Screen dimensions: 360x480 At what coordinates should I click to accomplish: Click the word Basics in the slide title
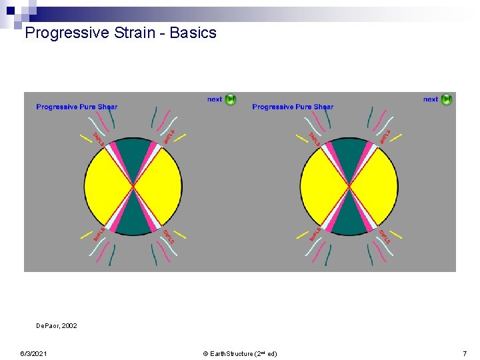[193, 33]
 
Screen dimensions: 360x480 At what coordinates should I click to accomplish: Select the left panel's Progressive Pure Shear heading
[77, 107]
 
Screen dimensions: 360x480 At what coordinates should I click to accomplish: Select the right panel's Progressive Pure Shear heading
[293, 107]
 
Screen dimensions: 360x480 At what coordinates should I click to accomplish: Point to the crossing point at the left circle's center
[133, 187]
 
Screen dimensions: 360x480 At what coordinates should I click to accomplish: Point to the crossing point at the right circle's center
[349, 187]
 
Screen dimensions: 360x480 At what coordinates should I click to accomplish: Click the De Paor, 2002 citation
[56, 326]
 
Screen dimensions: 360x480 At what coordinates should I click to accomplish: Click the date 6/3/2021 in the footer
[33, 353]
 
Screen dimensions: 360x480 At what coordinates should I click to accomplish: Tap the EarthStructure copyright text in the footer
[240, 353]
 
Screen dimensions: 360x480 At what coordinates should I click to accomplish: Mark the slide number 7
[465, 353]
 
